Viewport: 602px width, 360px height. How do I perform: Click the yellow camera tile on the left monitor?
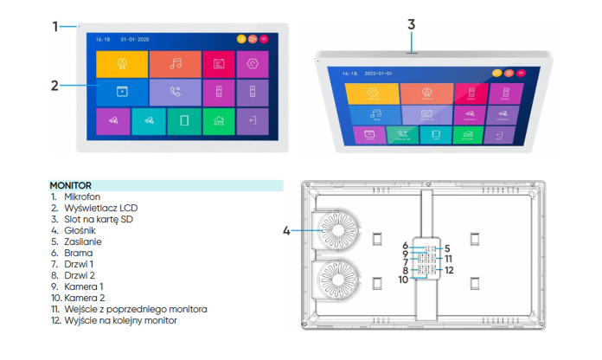[x=122, y=63]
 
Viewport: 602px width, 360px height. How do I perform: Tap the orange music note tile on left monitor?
[x=175, y=63]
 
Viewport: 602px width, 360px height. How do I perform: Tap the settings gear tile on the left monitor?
[x=253, y=63]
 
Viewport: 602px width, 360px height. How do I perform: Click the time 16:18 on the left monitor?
[x=103, y=39]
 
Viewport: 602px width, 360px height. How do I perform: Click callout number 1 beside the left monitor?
[x=55, y=26]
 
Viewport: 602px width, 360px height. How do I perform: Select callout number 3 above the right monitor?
[x=412, y=23]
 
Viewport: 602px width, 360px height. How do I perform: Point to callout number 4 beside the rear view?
[x=286, y=230]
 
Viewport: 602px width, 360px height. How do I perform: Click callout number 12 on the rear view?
[x=449, y=271]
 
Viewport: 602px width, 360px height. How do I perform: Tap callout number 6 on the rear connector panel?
[x=404, y=247]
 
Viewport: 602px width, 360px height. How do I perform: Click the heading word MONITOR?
[x=70, y=185]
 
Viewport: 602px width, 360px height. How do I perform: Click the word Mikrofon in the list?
[x=81, y=197]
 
